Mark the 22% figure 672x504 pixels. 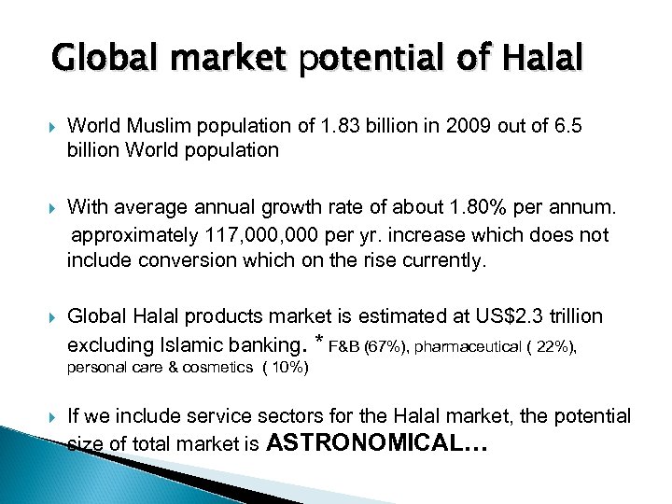[553, 347]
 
